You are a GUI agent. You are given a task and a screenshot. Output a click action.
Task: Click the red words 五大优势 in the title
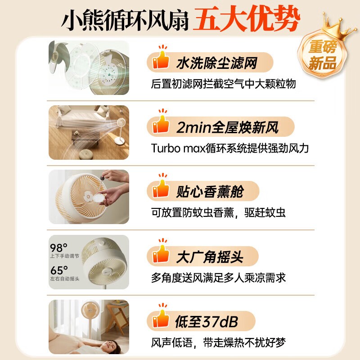point(246,19)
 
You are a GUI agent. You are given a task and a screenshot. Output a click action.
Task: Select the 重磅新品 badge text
point(323,55)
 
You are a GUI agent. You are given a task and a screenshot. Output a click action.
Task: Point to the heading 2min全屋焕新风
point(227,127)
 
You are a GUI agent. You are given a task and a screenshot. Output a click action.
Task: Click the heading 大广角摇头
point(210,257)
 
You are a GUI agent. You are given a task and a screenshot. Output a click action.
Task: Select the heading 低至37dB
point(207,322)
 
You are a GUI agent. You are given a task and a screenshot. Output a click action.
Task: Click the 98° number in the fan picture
point(58,248)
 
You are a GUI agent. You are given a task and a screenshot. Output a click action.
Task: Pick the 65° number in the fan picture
point(59,270)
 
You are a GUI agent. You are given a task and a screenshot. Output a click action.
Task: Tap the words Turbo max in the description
point(178,148)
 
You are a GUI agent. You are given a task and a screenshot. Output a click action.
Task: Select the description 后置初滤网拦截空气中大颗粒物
point(223,84)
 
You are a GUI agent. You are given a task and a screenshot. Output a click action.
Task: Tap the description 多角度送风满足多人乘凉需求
point(218,278)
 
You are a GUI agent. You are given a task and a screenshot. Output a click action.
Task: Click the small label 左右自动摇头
point(65,279)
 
